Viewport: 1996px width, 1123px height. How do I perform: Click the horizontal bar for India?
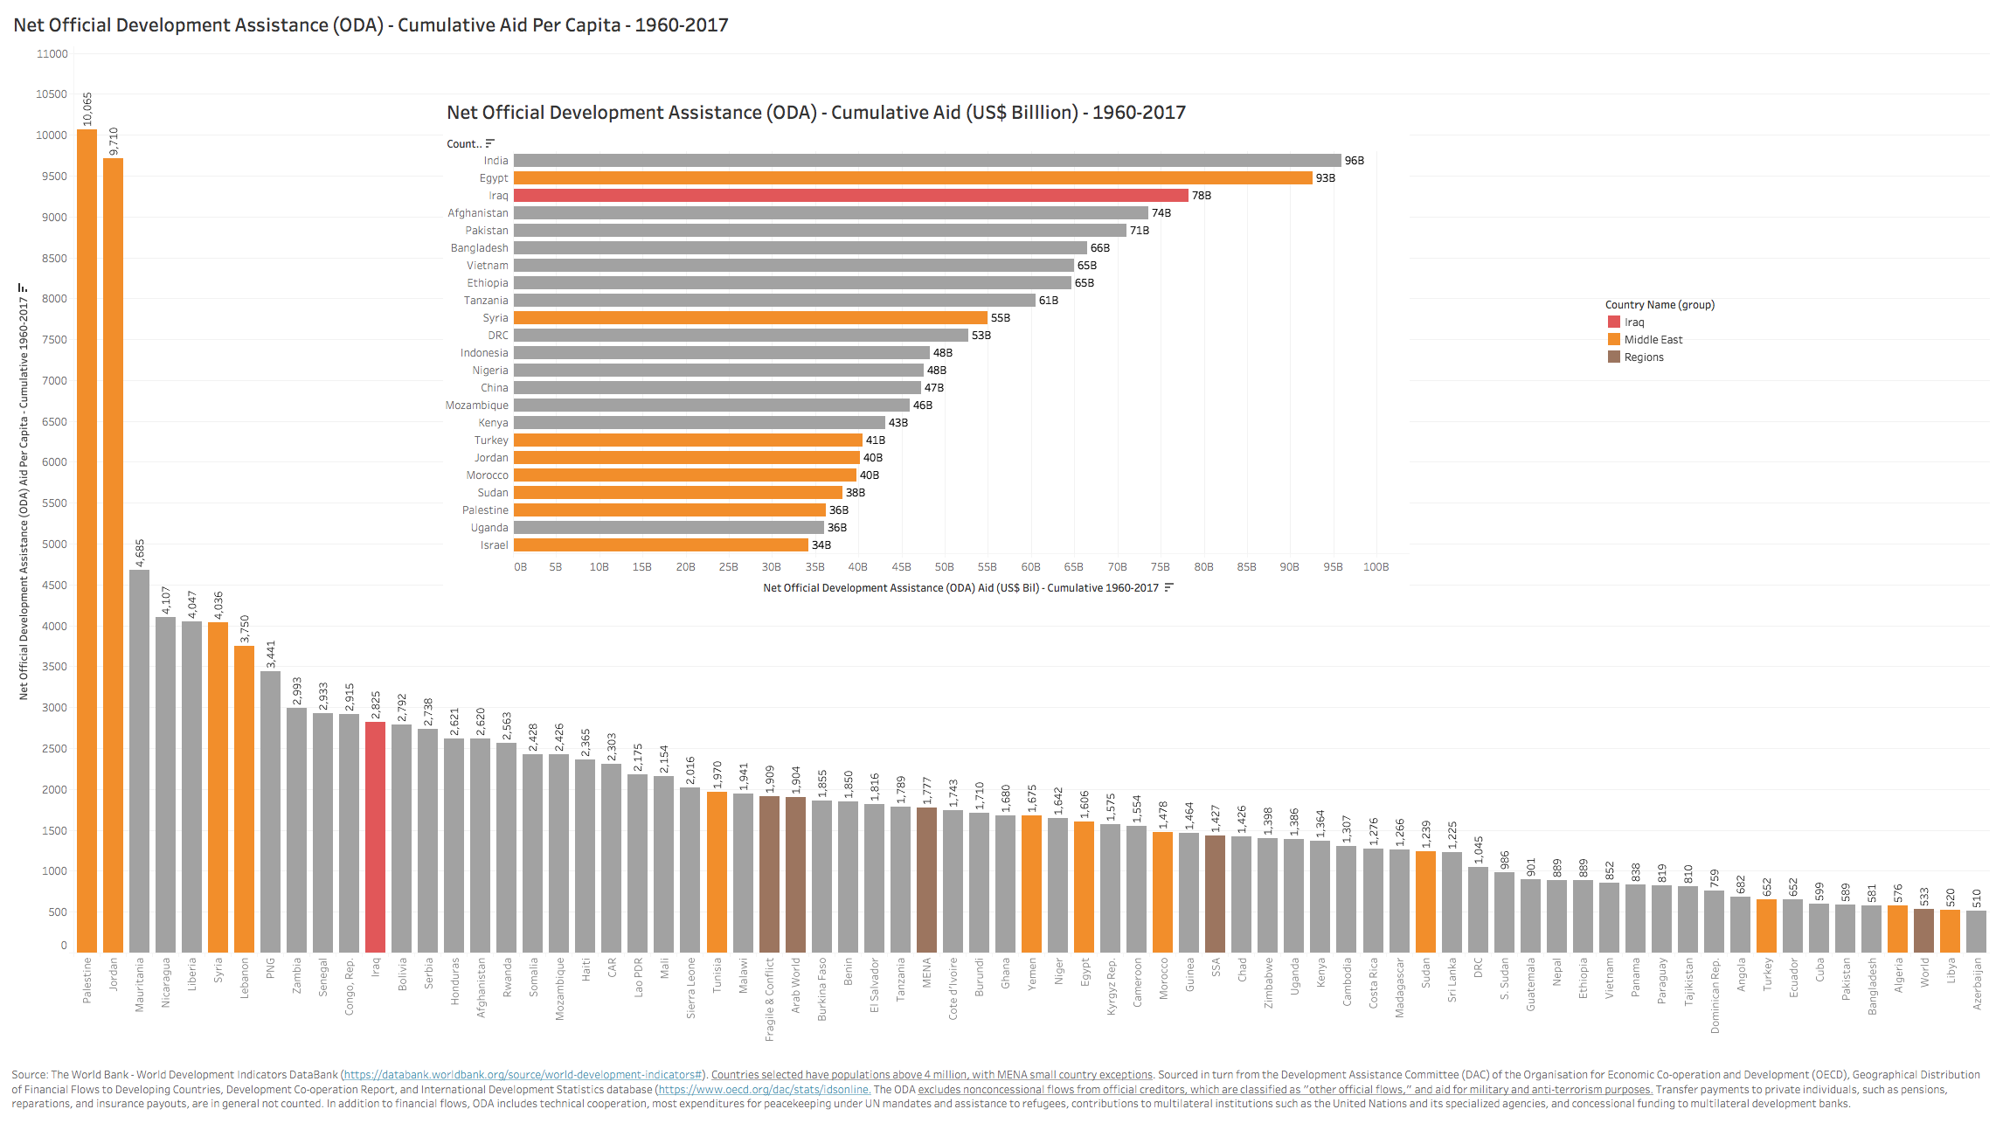click(x=926, y=161)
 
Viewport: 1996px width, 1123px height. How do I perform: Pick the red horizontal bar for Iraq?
click(x=850, y=196)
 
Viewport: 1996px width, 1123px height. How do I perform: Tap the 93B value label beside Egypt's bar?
click(x=1325, y=178)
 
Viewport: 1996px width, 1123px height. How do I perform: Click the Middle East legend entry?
click(x=1653, y=340)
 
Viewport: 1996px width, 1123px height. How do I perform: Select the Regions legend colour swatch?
click(x=1613, y=357)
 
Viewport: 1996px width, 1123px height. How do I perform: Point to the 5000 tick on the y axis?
click(x=55, y=544)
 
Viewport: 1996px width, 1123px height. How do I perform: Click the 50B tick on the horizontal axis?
click(x=944, y=567)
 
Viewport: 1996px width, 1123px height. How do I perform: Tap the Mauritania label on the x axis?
click(x=139, y=985)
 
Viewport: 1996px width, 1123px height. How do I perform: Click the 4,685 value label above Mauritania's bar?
click(x=140, y=553)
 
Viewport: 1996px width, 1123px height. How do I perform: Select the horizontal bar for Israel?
click(x=661, y=545)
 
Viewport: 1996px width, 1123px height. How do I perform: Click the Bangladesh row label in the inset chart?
click(x=479, y=248)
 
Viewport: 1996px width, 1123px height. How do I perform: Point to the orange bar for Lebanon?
click(x=244, y=799)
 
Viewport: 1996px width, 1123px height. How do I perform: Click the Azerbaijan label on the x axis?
click(x=1977, y=984)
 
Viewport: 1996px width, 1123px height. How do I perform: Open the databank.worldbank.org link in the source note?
click(x=523, y=1075)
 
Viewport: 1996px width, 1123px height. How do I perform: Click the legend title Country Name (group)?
click(x=1660, y=305)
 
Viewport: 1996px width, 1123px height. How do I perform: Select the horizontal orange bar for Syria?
click(x=750, y=318)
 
